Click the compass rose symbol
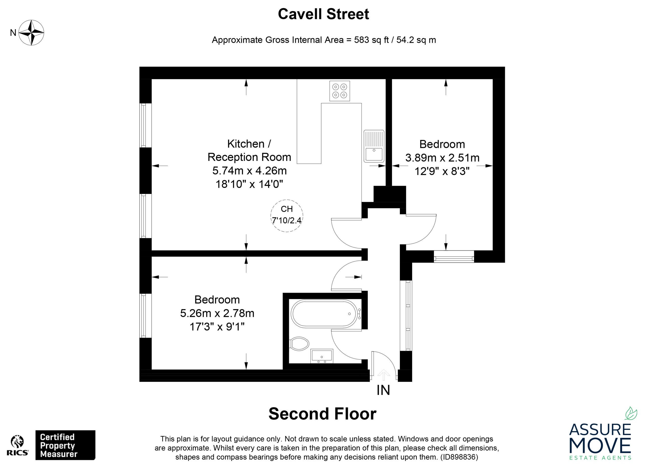pos(31,32)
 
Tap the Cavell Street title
pos(323,14)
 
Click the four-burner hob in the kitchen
pos(340,91)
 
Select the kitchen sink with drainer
pos(374,146)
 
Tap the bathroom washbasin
pos(322,356)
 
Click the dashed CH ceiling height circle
pos(287,216)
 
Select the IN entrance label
pos(383,390)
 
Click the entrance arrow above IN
pos(383,375)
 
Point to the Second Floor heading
pos(322,414)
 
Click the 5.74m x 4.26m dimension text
pos(249,171)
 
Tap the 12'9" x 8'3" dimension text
pos(442,171)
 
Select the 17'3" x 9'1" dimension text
pos(217,327)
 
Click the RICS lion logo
pos(17,446)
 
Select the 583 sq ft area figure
pos(371,40)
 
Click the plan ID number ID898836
pos(459,457)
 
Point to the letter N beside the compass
pos(13,33)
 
